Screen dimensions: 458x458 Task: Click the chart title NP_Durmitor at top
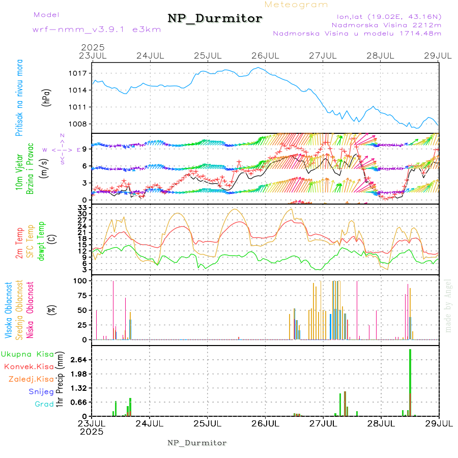(x=215, y=19)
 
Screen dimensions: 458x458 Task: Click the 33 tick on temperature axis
(x=81, y=208)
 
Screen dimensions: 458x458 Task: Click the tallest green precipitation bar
(x=410, y=382)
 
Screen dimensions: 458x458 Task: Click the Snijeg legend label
(x=40, y=392)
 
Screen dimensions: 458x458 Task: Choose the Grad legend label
(x=44, y=405)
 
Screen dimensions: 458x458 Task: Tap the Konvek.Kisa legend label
(x=29, y=367)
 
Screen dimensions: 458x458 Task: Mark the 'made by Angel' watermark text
(x=448, y=305)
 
